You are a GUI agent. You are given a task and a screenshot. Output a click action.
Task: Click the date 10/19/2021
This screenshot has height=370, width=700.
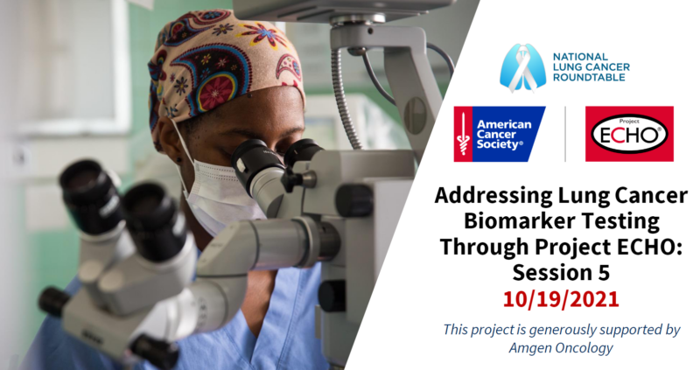click(x=561, y=299)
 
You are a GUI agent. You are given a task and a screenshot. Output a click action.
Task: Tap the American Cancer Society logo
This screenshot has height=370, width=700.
click(x=500, y=134)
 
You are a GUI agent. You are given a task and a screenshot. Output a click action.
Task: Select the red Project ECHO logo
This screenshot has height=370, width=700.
click(x=629, y=134)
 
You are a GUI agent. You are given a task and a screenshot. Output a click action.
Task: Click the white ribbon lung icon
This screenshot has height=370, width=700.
click(x=522, y=68)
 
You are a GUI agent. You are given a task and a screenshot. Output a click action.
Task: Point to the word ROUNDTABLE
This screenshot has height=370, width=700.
click(x=589, y=77)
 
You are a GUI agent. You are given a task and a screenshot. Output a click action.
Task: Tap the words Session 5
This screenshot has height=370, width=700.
click(x=561, y=272)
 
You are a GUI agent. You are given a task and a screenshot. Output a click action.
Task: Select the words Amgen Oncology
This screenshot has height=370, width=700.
click(x=561, y=347)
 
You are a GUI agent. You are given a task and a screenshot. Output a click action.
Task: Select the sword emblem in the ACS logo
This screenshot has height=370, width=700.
click(x=464, y=134)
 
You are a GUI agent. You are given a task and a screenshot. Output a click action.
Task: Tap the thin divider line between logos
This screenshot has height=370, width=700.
click(x=565, y=134)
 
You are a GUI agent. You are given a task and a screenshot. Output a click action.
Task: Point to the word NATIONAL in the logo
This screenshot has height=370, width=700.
click(x=580, y=57)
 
